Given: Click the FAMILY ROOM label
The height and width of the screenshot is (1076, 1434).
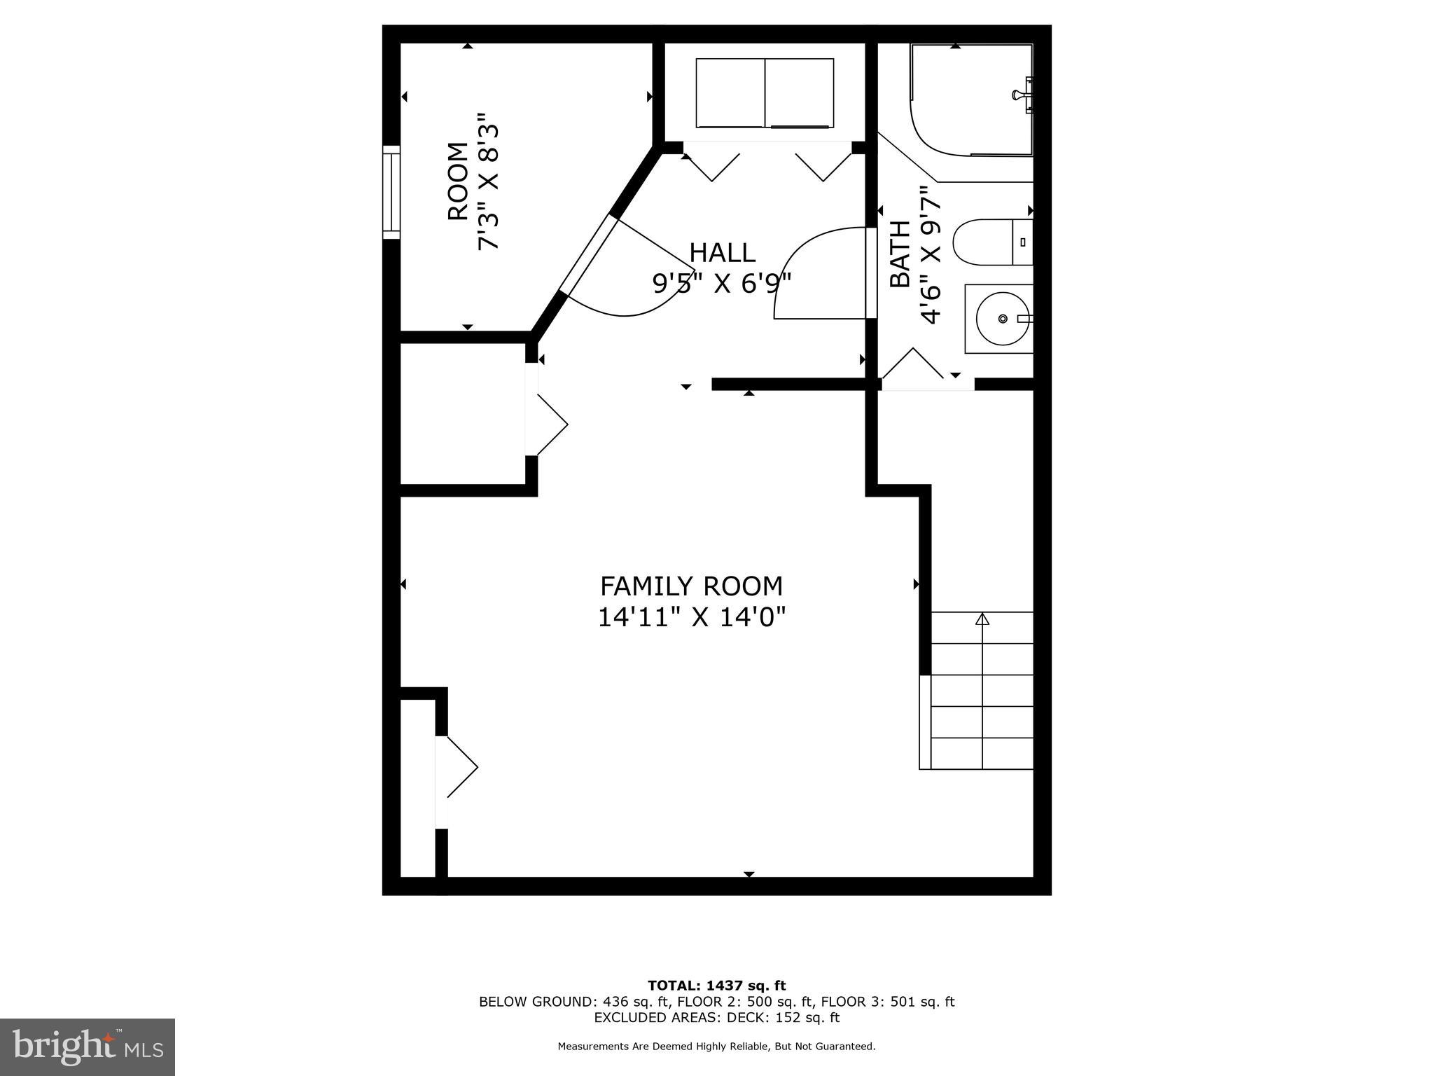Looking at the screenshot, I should [x=691, y=586].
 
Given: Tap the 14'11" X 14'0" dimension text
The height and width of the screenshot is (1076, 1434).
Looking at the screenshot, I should [x=691, y=618].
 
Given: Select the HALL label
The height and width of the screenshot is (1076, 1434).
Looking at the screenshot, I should [x=722, y=252].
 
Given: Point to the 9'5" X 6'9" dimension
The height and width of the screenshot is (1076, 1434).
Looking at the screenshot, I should [x=722, y=284].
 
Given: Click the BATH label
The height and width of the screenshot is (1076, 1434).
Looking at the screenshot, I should [x=900, y=254].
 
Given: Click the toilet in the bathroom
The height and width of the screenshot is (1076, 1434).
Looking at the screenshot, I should [x=991, y=242].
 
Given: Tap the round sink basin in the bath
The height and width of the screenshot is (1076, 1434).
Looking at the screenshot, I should [x=1002, y=319].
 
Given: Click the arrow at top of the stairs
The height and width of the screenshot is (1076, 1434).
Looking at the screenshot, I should [x=982, y=619].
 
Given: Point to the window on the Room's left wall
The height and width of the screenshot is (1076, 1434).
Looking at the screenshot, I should [x=391, y=192].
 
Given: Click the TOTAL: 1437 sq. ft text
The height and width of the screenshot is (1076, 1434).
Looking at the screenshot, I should [x=716, y=986].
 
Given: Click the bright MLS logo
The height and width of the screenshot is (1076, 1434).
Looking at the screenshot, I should [x=87, y=1047].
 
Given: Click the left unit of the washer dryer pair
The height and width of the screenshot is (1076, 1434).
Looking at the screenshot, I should [x=730, y=92].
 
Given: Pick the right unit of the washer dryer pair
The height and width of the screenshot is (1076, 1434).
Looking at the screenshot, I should [x=799, y=92].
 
